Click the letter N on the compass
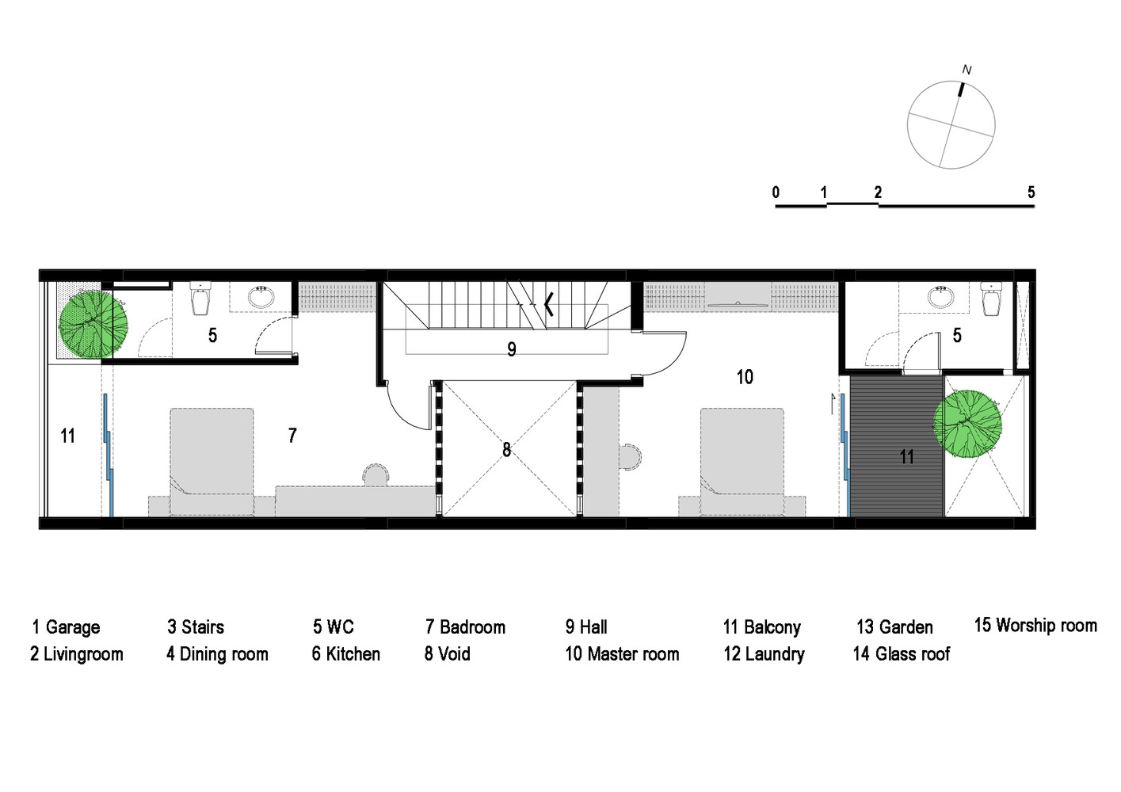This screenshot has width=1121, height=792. [967, 70]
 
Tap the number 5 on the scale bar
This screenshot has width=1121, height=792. [1031, 192]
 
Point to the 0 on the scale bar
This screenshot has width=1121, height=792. [776, 192]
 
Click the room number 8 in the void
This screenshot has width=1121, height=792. [507, 450]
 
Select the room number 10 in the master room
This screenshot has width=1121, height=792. [745, 377]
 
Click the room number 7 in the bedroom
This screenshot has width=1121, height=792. [292, 436]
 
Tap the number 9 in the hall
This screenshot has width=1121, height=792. [512, 349]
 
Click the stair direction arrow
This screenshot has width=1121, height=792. [548, 304]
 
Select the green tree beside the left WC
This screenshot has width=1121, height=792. [93, 325]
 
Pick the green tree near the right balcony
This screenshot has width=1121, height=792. [967, 424]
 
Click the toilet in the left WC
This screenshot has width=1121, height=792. [201, 299]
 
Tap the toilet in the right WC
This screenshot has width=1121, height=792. [991, 299]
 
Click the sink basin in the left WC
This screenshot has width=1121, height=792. [261, 296]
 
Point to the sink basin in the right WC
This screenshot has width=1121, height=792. [940, 296]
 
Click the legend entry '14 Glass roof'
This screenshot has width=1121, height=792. [902, 654]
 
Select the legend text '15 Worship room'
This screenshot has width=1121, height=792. [1035, 626]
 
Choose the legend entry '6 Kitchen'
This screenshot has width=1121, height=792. [346, 654]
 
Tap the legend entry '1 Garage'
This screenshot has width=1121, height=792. [66, 627]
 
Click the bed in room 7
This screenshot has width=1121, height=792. [212, 461]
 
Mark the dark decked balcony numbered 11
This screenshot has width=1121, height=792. [896, 446]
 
